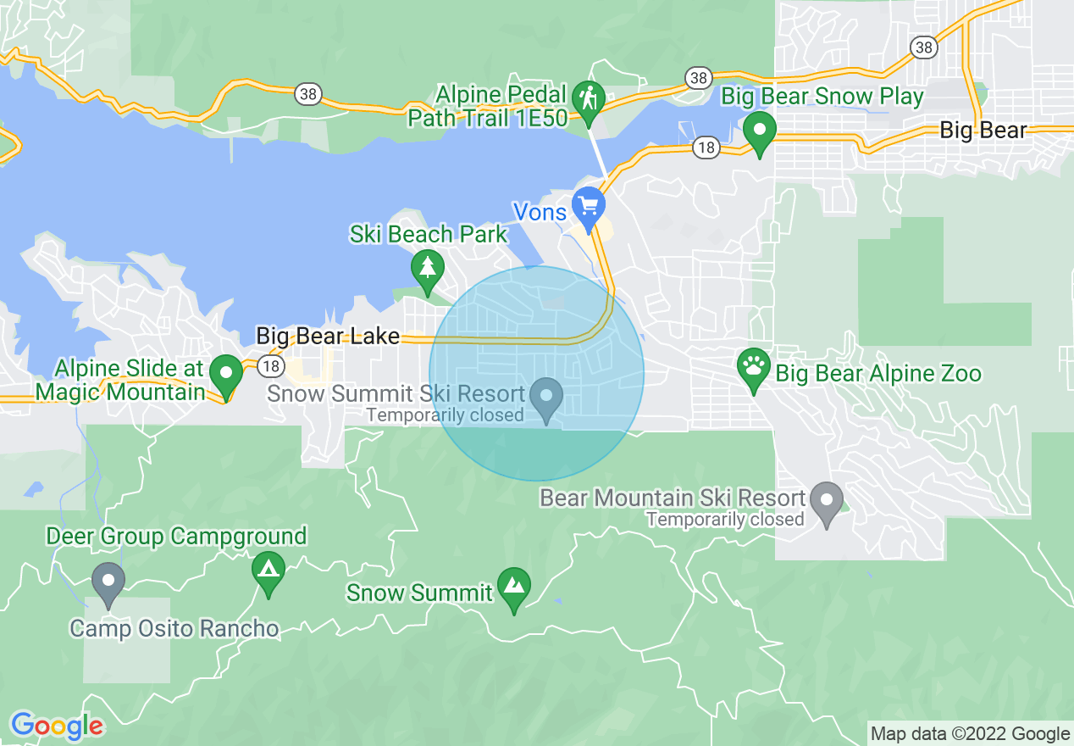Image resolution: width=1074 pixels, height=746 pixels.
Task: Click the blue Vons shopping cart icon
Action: (x=587, y=204)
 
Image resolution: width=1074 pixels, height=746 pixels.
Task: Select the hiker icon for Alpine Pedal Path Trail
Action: (x=587, y=97)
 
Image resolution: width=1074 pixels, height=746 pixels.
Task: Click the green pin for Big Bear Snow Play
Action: (x=760, y=131)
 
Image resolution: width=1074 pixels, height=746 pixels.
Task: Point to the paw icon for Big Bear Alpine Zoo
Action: (x=754, y=367)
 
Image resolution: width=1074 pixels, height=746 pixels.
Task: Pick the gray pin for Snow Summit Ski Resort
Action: (x=546, y=396)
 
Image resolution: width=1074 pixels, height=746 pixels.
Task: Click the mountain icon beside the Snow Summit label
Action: (x=513, y=585)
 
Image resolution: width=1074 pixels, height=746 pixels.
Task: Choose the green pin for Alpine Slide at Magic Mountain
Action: (x=226, y=372)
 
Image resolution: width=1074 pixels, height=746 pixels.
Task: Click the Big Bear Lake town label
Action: (x=328, y=337)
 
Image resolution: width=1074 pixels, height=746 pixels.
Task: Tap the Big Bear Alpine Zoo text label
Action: (x=878, y=373)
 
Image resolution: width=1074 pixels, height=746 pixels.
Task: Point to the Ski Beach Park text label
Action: (x=429, y=234)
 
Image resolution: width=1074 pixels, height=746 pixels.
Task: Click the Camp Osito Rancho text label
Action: (x=174, y=628)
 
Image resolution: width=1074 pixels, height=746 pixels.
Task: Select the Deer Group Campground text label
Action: (x=176, y=537)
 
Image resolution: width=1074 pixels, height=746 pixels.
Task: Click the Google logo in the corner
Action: (x=57, y=726)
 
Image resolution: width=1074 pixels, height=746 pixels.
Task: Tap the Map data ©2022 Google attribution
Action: (x=971, y=734)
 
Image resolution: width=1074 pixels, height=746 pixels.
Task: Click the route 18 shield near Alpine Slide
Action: (x=269, y=366)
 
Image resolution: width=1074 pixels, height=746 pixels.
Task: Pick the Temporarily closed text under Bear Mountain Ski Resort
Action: (x=725, y=519)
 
